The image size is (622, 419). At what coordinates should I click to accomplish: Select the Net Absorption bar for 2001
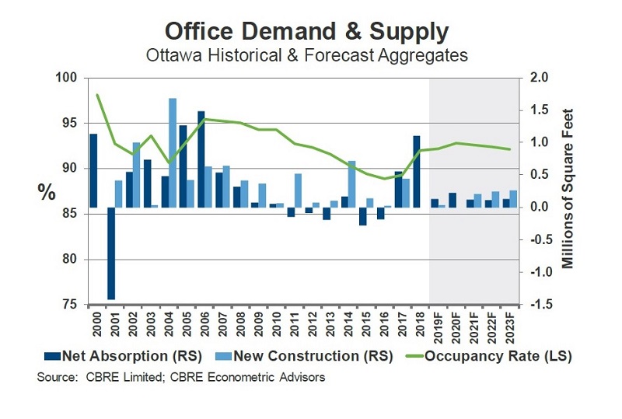pyautogui.click(x=111, y=253)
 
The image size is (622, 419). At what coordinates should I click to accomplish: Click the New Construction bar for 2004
pyautogui.click(x=173, y=152)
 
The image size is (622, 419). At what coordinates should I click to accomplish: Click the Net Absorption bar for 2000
pyautogui.click(x=93, y=170)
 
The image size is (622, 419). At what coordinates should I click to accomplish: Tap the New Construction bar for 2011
pyautogui.click(x=299, y=190)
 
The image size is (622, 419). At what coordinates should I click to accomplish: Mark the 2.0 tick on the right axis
pyautogui.click(x=539, y=78)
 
